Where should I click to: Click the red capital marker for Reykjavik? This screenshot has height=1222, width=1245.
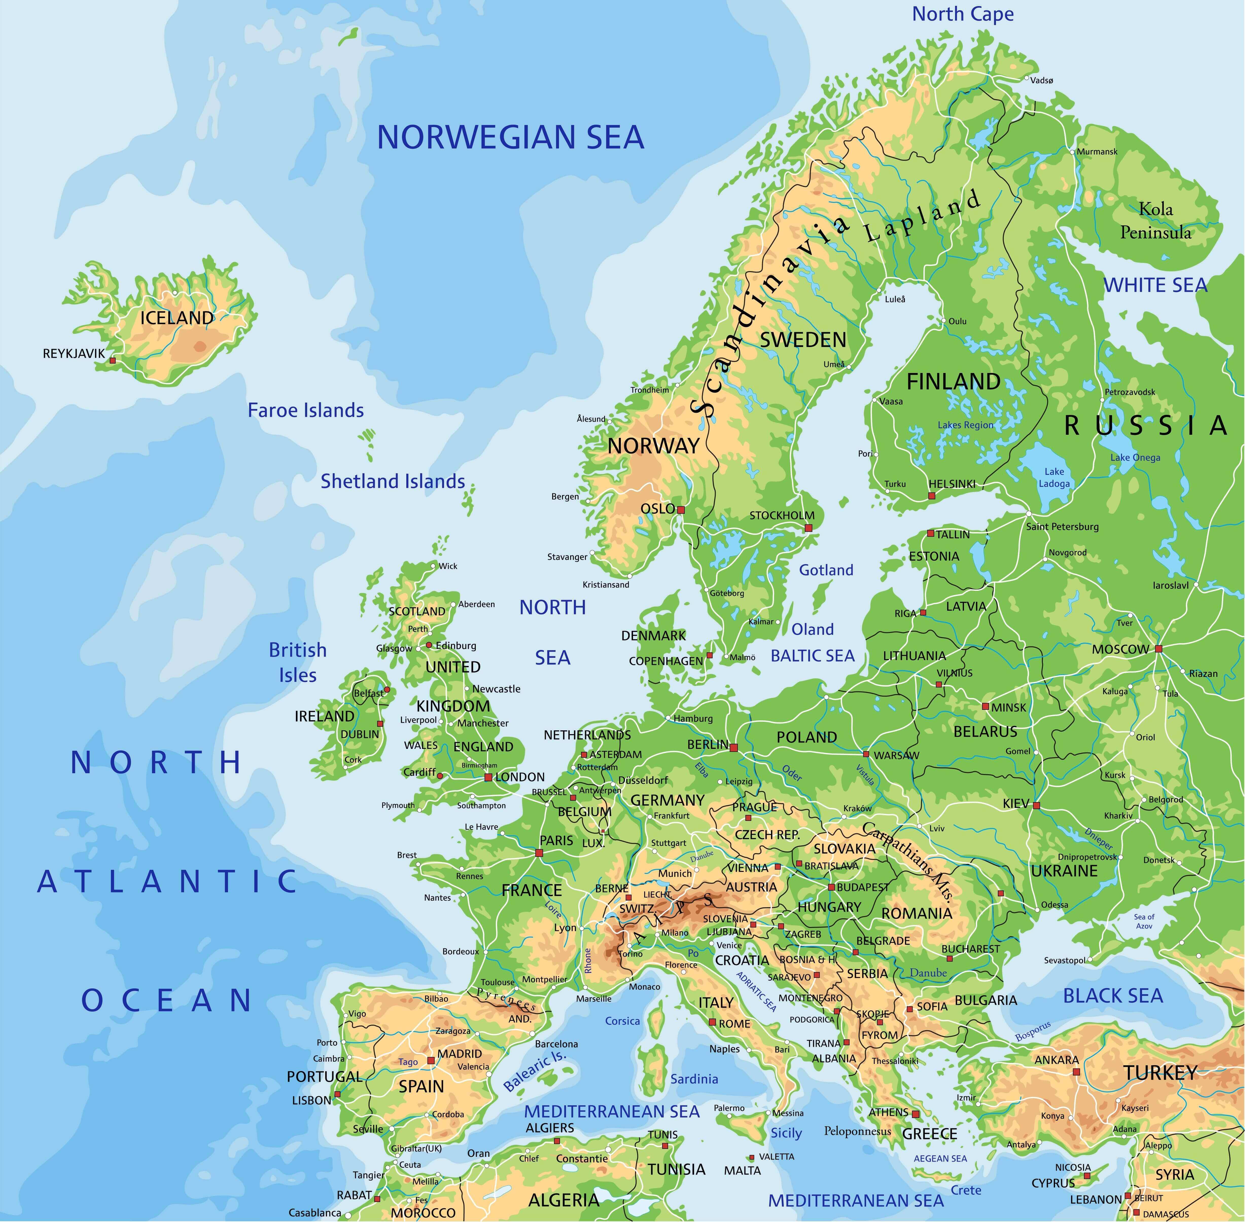pyautogui.click(x=113, y=361)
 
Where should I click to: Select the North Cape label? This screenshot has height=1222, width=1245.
pyautogui.click(x=963, y=14)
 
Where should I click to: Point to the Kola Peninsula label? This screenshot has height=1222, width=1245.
pyautogui.click(x=1155, y=221)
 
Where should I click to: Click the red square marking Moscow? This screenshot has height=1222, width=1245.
pyautogui.click(x=1158, y=649)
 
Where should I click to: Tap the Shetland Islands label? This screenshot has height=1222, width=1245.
pyautogui.click(x=393, y=481)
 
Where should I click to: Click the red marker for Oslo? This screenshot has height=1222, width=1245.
pyautogui.click(x=681, y=510)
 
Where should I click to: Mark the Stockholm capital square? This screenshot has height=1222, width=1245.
pyautogui.click(x=809, y=528)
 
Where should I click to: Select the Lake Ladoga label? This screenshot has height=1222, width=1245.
pyautogui.click(x=1054, y=477)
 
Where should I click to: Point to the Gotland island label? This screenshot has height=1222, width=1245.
pyautogui.click(x=826, y=570)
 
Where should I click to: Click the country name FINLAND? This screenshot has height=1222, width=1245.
pyautogui.click(x=953, y=382)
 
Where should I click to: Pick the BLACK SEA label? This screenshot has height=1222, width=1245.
pyautogui.click(x=1113, y=996)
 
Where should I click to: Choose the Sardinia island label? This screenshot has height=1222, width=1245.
pyautogui.click(x=694, y=1079)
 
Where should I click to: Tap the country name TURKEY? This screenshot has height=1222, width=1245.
pyautogui.click(x=1160, y=1073)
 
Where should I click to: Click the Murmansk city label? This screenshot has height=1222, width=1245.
pyautogui.click(x=1097, y=151)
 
